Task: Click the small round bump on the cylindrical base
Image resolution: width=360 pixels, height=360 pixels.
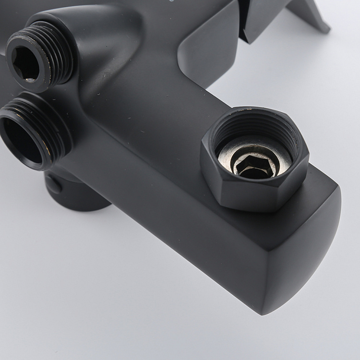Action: [x=53, y=185]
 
